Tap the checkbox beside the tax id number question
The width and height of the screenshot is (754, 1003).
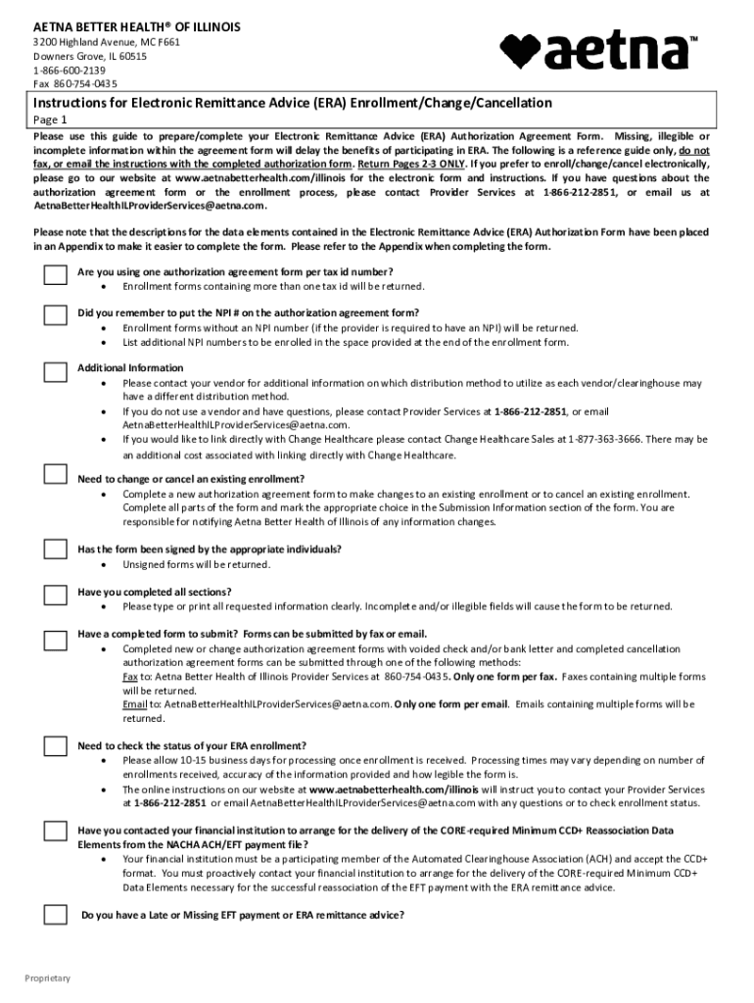tap(55, 275)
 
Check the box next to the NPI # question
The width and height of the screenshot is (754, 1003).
tap(55, 315)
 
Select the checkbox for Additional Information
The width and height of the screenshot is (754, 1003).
tap(55, 371)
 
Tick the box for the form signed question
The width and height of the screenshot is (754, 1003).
tap(55, 552)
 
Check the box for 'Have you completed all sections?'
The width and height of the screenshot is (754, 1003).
tap(55, 595)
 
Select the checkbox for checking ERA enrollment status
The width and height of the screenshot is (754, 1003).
tap(55, 746)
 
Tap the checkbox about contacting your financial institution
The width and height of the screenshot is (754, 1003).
tap(55, 834)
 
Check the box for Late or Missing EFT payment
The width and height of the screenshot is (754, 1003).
tap(55, 916)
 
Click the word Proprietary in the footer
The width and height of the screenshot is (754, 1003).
tap(48, 979)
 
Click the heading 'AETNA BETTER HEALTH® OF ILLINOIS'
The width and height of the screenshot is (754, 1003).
tap(137, 25)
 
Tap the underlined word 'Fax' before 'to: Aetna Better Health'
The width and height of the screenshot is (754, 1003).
tap(130, 677)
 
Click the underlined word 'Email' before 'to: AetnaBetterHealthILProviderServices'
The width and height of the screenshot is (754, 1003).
tap(134, 704)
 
